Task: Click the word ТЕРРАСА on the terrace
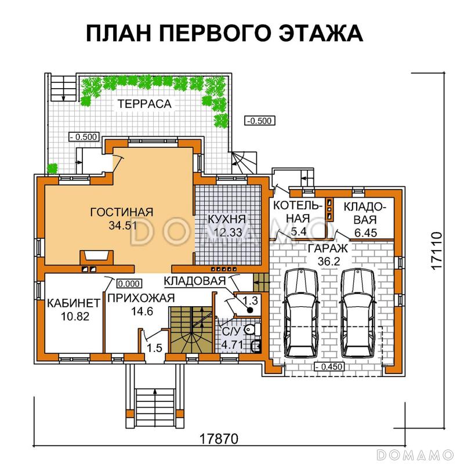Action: pyautogui.click(x=144, y=104)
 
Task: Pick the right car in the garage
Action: pyautogui.click(x=356, y=313)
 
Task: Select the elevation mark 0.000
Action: pyautogui.click(x=128, y=284)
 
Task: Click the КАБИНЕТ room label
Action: pyautogui.click(x=68, y=303)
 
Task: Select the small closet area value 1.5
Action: pyautogui.click(x=154, y=348)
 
